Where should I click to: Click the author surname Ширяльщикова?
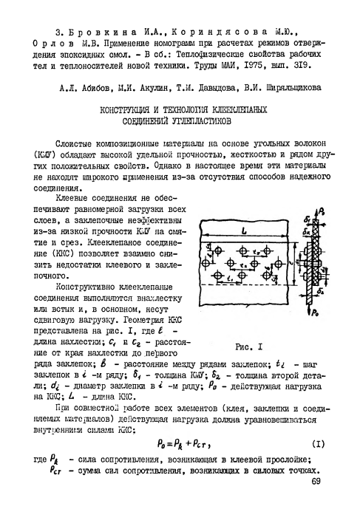coord(288,86)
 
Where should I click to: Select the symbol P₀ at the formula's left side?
coord(163,443)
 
